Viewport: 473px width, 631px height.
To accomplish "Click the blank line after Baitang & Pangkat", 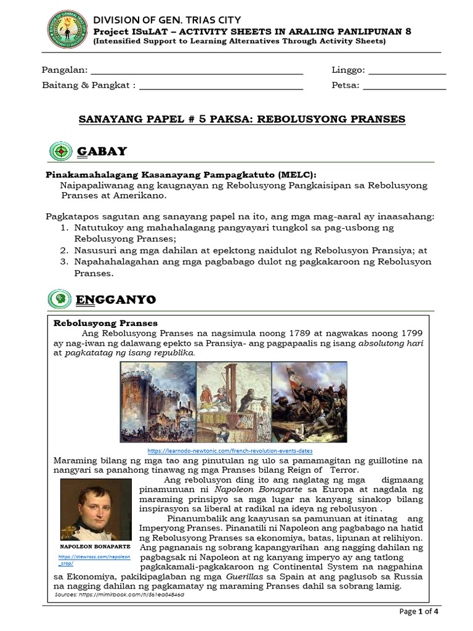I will click(x=221, y=86).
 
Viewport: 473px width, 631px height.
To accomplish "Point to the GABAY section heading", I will click(x=102, y=151).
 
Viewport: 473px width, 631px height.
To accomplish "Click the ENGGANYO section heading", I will click(x=116, y=300).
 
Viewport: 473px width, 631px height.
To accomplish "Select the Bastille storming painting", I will click(x=158, y=401).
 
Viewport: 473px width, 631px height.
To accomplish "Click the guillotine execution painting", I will click(x=233, y=401).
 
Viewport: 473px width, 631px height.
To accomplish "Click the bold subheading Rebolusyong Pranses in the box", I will click(x=105, y=323).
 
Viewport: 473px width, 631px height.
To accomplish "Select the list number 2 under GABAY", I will click(x=63, y=250).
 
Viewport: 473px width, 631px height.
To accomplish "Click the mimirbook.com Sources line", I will click(x=119, y=595).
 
